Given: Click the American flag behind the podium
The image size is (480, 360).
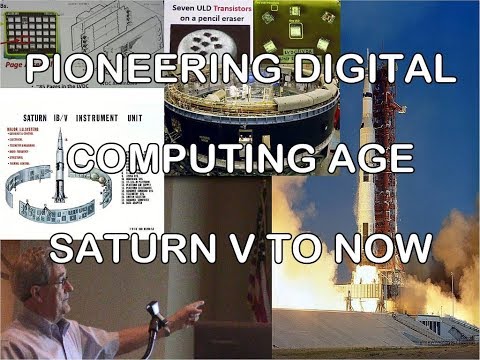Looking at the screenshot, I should [x=262, y=285].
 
